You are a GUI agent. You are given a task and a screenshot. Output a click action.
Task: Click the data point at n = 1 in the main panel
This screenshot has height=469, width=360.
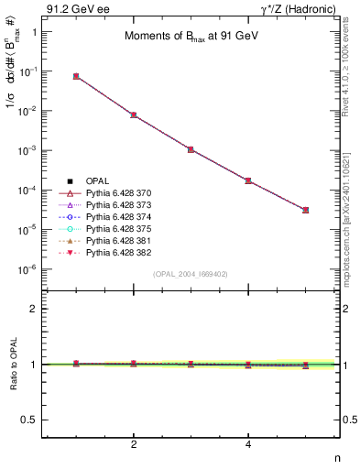76,76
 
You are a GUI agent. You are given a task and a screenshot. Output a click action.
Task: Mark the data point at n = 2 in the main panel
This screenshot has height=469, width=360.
134,115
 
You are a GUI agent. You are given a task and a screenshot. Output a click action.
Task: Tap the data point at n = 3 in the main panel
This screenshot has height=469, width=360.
191,149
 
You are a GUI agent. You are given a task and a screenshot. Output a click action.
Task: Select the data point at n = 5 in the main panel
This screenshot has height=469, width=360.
306,210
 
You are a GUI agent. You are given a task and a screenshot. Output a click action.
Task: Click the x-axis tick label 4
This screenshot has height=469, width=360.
248,445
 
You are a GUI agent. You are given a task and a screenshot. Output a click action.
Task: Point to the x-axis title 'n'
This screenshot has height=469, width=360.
337,459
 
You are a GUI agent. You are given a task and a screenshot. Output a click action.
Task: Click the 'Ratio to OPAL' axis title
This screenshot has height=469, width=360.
13,365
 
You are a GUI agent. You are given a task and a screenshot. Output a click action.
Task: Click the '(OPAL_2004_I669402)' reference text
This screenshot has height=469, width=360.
190,274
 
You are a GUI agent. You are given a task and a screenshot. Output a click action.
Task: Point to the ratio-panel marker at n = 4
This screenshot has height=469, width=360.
248,365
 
